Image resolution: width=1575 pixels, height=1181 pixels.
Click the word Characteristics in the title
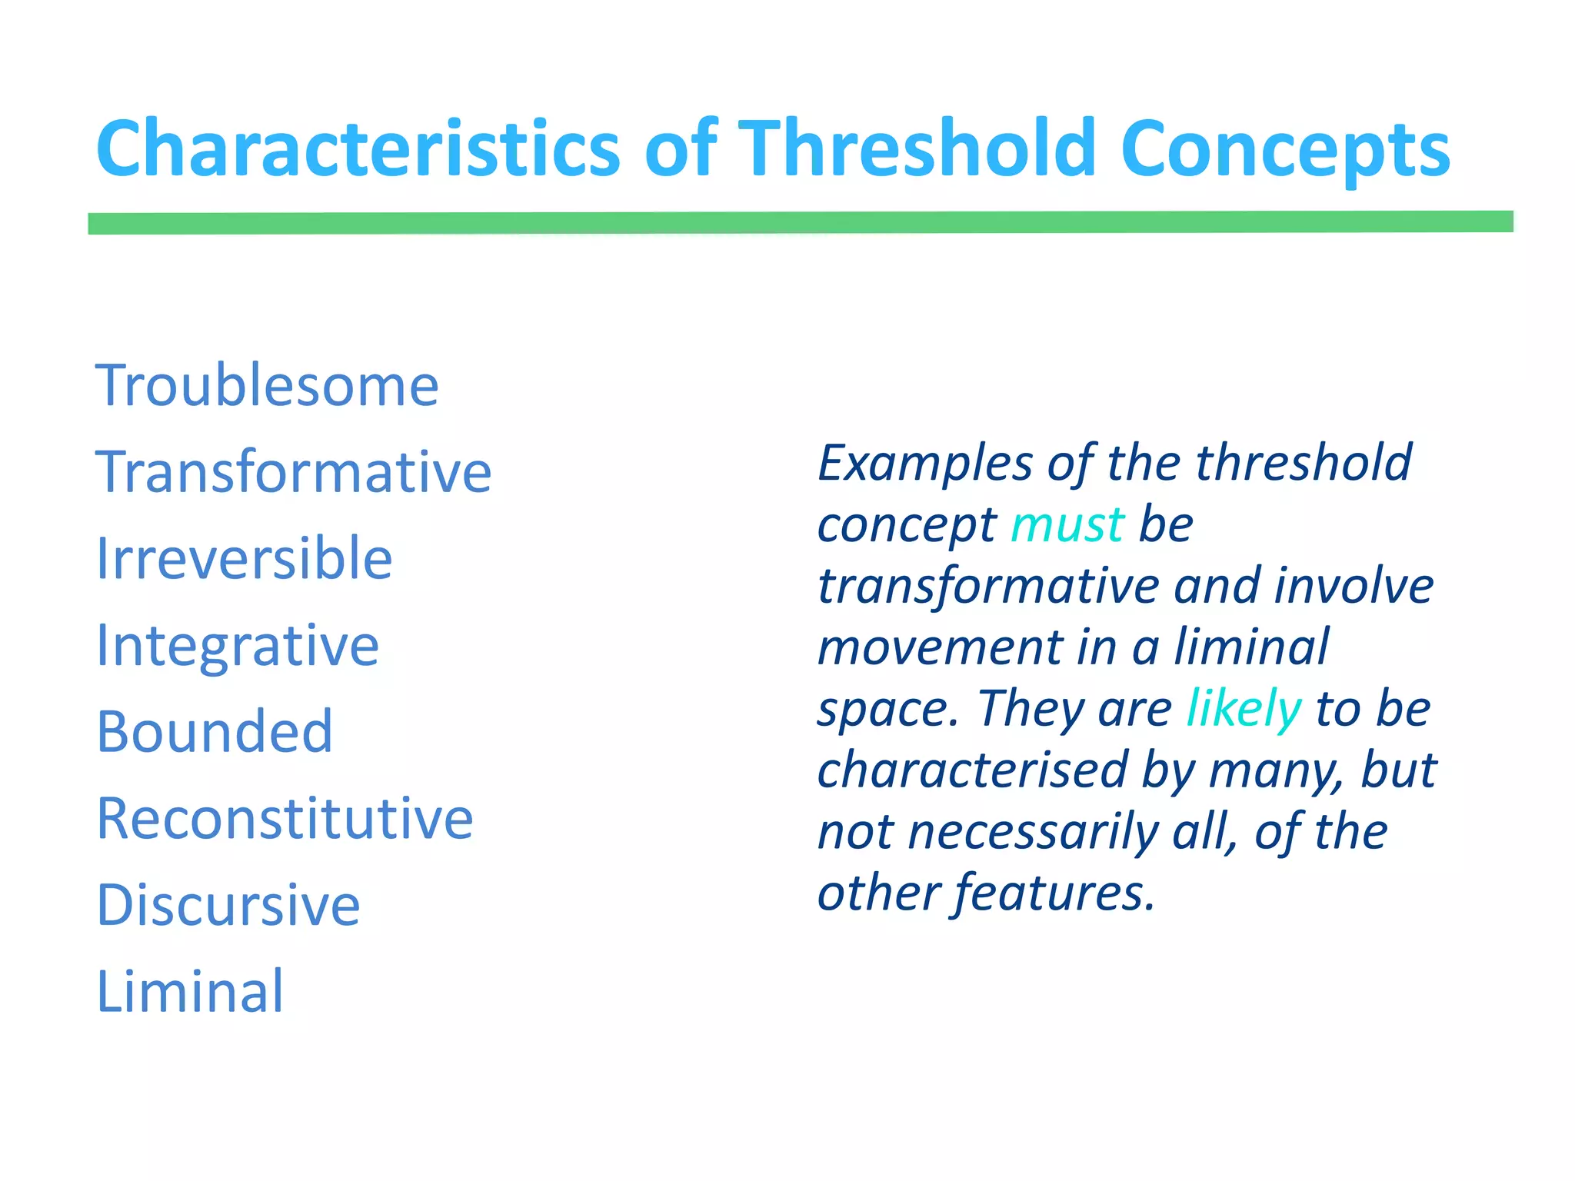pos(358,148)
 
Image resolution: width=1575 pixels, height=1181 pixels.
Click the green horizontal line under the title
pos(800,222)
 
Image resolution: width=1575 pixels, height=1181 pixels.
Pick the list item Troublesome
pos(267,385)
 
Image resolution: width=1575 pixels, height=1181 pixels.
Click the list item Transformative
pos(293,471)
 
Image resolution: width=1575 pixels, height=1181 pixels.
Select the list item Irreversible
pos(244,558)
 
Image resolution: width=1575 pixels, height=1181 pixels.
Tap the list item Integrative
pos(237,646)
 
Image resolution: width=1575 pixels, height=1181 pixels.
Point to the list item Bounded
pos(215,731)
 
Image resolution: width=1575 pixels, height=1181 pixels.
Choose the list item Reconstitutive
pos(285,818)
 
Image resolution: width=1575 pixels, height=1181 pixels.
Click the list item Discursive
pos(228,905)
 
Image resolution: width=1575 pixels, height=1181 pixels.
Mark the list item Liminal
pos(190,992)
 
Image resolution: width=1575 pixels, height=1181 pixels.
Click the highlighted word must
pos(1067,525)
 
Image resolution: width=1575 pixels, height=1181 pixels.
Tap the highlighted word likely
pos(1244,709)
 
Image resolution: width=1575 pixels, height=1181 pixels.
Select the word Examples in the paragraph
pos(924,464)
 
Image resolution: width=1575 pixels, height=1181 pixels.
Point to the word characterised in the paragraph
pos(972,770)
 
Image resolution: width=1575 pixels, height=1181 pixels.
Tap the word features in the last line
pos(1054,893)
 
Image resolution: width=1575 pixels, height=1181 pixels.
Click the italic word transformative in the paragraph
pos(987,587)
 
